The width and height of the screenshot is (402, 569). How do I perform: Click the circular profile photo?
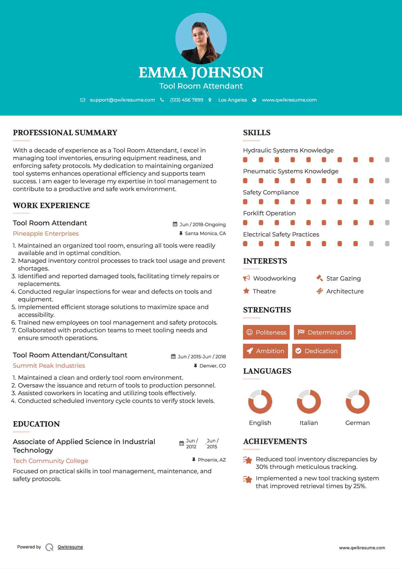(201, 39)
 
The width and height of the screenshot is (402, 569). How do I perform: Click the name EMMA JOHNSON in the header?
(201, 73)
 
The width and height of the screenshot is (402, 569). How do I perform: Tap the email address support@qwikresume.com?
(122, 100)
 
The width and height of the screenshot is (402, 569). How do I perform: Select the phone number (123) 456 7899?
(187, 100)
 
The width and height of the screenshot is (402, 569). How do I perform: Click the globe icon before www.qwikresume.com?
(254, 100)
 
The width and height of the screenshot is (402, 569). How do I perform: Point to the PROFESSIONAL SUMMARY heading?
(65, 133)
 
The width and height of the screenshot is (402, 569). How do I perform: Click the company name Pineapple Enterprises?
(46, 234)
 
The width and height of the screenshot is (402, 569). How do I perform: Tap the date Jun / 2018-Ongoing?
(203, 224)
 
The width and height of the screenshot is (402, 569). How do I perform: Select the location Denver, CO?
(213, 366)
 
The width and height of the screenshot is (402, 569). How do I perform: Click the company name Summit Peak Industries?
(49, 366)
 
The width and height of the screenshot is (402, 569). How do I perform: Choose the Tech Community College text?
(50, 461)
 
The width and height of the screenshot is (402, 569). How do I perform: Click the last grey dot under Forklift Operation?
(387, 223)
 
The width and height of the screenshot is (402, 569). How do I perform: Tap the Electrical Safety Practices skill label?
(281, 234)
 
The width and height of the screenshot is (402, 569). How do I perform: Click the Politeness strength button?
(266, 332)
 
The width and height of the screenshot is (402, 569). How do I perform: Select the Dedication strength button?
(317, 351)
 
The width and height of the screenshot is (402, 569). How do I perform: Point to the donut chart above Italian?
(309, 401)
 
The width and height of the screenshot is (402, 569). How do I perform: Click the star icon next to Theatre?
(246, 291)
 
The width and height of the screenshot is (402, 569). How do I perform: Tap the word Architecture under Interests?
(345, 291)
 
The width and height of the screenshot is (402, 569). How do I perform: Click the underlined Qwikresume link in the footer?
(70, 547)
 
